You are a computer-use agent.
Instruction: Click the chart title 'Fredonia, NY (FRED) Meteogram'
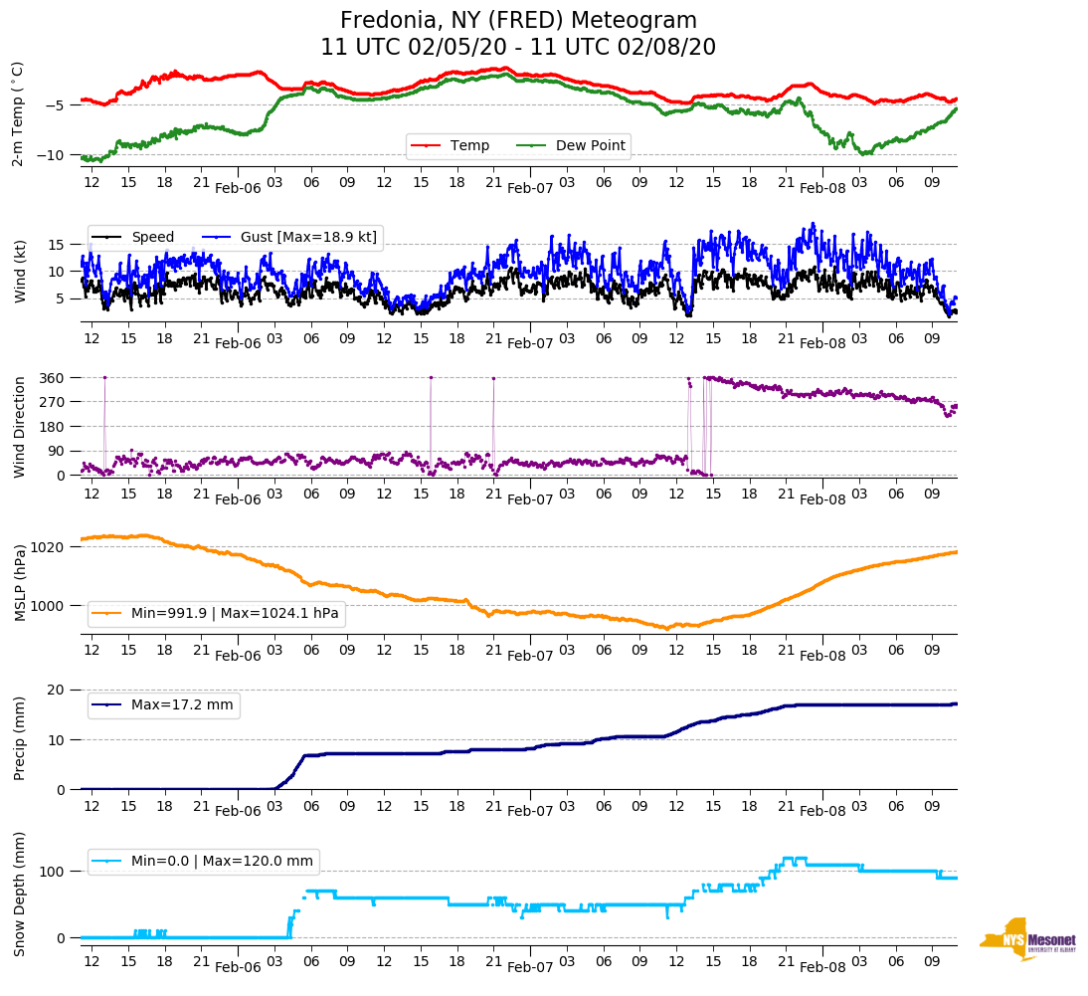click(x=518, y=20)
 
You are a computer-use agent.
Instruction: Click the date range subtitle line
click(x=518, y=48)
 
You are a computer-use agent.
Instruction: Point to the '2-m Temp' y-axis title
click(x=18, y=113)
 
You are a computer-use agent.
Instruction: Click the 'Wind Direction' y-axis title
click(x=20, y=426)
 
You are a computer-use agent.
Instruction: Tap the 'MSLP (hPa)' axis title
click(x=20, y=583)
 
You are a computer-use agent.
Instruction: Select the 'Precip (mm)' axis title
click(x=20, y=739)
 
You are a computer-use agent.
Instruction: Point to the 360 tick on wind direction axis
click(x=53, y=378)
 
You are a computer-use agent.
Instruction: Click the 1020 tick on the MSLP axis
click(x=49, y=547)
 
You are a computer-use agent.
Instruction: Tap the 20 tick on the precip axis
click(x=57, y=690)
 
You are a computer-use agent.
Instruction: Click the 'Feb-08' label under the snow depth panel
click(x=822, y=967)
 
